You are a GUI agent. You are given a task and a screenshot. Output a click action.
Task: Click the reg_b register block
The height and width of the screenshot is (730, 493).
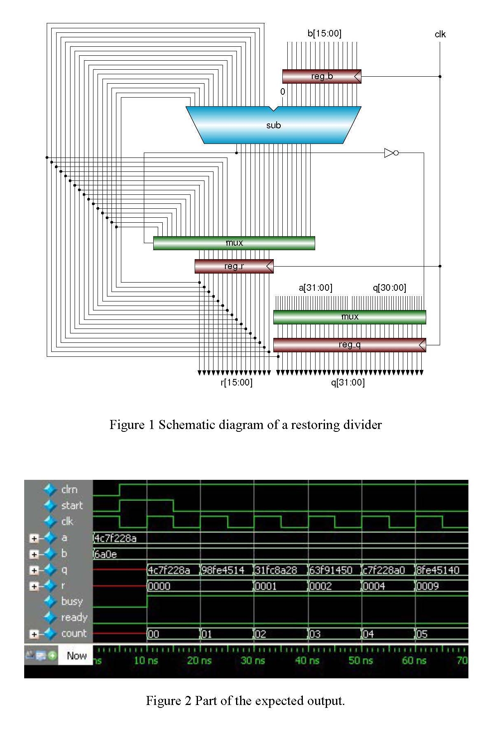pos(322,76)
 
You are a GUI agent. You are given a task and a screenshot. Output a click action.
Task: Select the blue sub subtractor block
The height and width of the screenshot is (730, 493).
pos(273,125)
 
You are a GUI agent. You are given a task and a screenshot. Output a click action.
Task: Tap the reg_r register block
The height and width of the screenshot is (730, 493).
pos(234,266)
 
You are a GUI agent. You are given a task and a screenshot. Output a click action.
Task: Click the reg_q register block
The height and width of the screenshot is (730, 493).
pos(349,345)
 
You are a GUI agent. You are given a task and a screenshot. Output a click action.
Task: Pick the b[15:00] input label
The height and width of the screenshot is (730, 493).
pos(324,34)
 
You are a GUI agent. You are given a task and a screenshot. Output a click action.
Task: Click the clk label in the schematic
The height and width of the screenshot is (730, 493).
pos(440,34)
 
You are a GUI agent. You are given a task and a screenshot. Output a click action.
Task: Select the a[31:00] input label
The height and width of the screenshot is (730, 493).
pos(315,288)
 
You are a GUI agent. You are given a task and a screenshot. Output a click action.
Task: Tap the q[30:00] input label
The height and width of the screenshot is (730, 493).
pos(389,288)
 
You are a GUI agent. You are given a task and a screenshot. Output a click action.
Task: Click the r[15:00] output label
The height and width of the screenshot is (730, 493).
pos(236,383)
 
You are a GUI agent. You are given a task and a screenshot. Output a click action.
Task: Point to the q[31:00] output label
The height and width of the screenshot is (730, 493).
pos(348,383)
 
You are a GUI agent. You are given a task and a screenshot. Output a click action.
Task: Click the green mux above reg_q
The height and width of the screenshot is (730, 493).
pos(349,317)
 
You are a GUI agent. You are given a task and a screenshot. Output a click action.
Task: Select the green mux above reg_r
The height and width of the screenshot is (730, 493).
pos(234,243)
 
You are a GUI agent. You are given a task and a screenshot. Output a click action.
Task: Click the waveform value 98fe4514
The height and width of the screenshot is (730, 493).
pos(223,570)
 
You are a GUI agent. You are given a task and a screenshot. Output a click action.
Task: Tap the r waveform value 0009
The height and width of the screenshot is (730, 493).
pos(427,586)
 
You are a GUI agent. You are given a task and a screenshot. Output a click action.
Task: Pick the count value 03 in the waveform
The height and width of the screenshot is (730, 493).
pos(315,634)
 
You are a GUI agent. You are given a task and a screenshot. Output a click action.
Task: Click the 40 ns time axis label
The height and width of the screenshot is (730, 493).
pos(307,660)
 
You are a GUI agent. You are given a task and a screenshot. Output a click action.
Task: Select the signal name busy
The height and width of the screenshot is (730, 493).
pos(72,602)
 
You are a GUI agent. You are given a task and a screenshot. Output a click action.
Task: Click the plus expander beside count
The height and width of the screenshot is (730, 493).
pos(34,634)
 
